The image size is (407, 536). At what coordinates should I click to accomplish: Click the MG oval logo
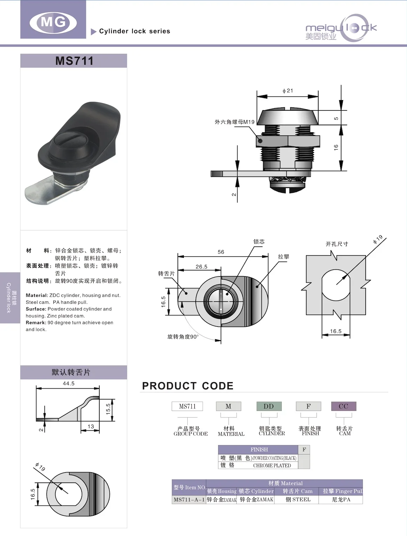(53, 22)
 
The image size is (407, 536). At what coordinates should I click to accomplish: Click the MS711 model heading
(74, 61)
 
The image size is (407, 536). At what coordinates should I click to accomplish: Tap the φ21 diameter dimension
(288, 91)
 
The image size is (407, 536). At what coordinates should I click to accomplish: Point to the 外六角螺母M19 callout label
(234, 122)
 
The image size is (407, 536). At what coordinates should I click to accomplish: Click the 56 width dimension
(221, 252)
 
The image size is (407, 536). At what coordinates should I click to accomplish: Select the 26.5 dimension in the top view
(201, 267)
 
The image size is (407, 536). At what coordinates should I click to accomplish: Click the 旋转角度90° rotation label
(183, 337)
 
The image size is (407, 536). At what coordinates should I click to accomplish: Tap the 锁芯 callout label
(259, 242)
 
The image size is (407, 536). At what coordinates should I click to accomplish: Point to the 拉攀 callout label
(283, 257)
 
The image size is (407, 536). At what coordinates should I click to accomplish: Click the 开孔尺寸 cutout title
(336, 244)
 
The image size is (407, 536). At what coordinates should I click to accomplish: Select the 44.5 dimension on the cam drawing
(68, 383)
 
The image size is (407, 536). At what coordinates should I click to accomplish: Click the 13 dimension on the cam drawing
(91, 427)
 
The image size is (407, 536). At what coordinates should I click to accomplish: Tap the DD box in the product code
(269, 406)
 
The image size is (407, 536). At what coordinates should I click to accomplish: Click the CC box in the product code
(343, 406)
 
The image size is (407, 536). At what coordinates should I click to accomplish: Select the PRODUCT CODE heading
(188, 386)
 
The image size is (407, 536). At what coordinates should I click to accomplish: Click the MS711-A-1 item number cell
(189, 500)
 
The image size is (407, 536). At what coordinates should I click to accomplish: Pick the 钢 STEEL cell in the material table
(298, 500)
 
